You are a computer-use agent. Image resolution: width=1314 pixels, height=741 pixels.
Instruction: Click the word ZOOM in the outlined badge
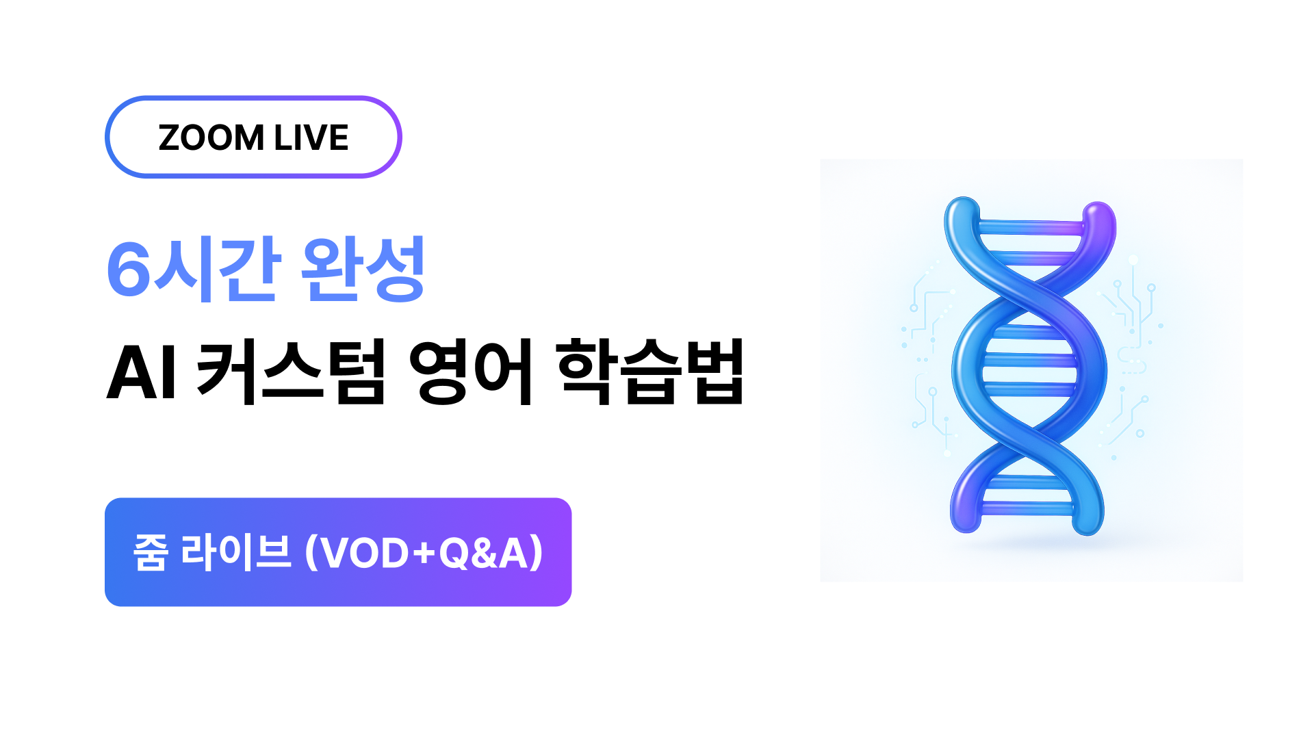[x=211, y=138]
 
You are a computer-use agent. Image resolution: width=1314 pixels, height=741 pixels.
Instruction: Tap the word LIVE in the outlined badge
[x=311, y=138]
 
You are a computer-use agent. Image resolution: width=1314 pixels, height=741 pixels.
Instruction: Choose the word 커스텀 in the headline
[x=292, y=372]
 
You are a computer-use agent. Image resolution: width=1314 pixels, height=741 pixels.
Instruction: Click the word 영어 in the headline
[x=471, y=372]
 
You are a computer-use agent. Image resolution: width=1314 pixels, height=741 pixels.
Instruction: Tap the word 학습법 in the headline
[x=651, y=372]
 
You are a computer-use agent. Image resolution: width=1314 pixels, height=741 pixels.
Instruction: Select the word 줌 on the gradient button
[x=151, y=552]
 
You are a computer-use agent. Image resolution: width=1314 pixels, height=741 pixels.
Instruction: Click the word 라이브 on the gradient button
[x=236, y=552]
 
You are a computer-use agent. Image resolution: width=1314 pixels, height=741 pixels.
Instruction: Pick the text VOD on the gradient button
[x=365, y=553]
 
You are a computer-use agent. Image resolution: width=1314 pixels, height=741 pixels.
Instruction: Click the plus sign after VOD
[x=425, y=554]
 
